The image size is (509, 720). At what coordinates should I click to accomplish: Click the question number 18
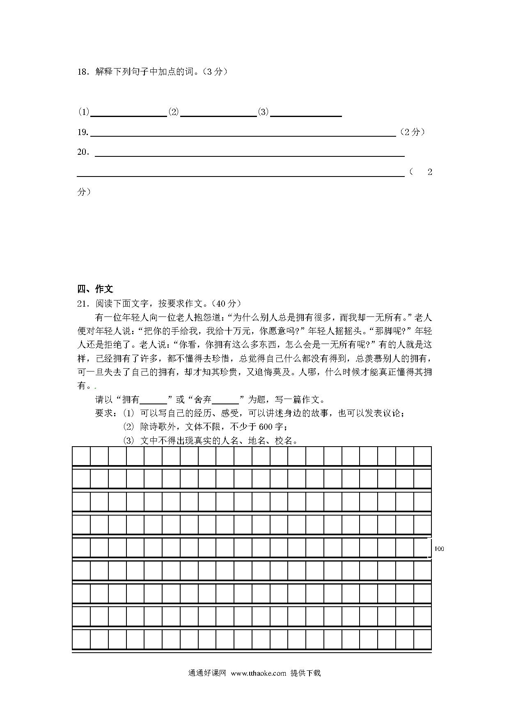click(83, 72)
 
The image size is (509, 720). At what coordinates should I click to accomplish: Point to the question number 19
click(83, 132)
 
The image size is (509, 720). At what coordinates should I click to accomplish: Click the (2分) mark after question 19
click(412, 132)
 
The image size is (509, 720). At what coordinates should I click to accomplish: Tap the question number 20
click(83, 152)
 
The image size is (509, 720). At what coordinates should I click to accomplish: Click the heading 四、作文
click(95, 289)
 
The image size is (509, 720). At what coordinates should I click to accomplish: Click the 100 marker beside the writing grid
click(439, 549)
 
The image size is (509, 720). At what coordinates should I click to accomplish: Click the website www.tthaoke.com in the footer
click(258, 673)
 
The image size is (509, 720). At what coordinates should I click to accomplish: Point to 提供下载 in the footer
click(305, 673)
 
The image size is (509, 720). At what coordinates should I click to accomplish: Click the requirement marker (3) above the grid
click(128, 441)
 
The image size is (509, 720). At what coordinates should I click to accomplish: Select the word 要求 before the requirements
click(104, 413)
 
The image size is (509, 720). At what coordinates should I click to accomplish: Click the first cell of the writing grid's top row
click(81, 456)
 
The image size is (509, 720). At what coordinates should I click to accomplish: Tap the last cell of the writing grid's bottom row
click(422, 640)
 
